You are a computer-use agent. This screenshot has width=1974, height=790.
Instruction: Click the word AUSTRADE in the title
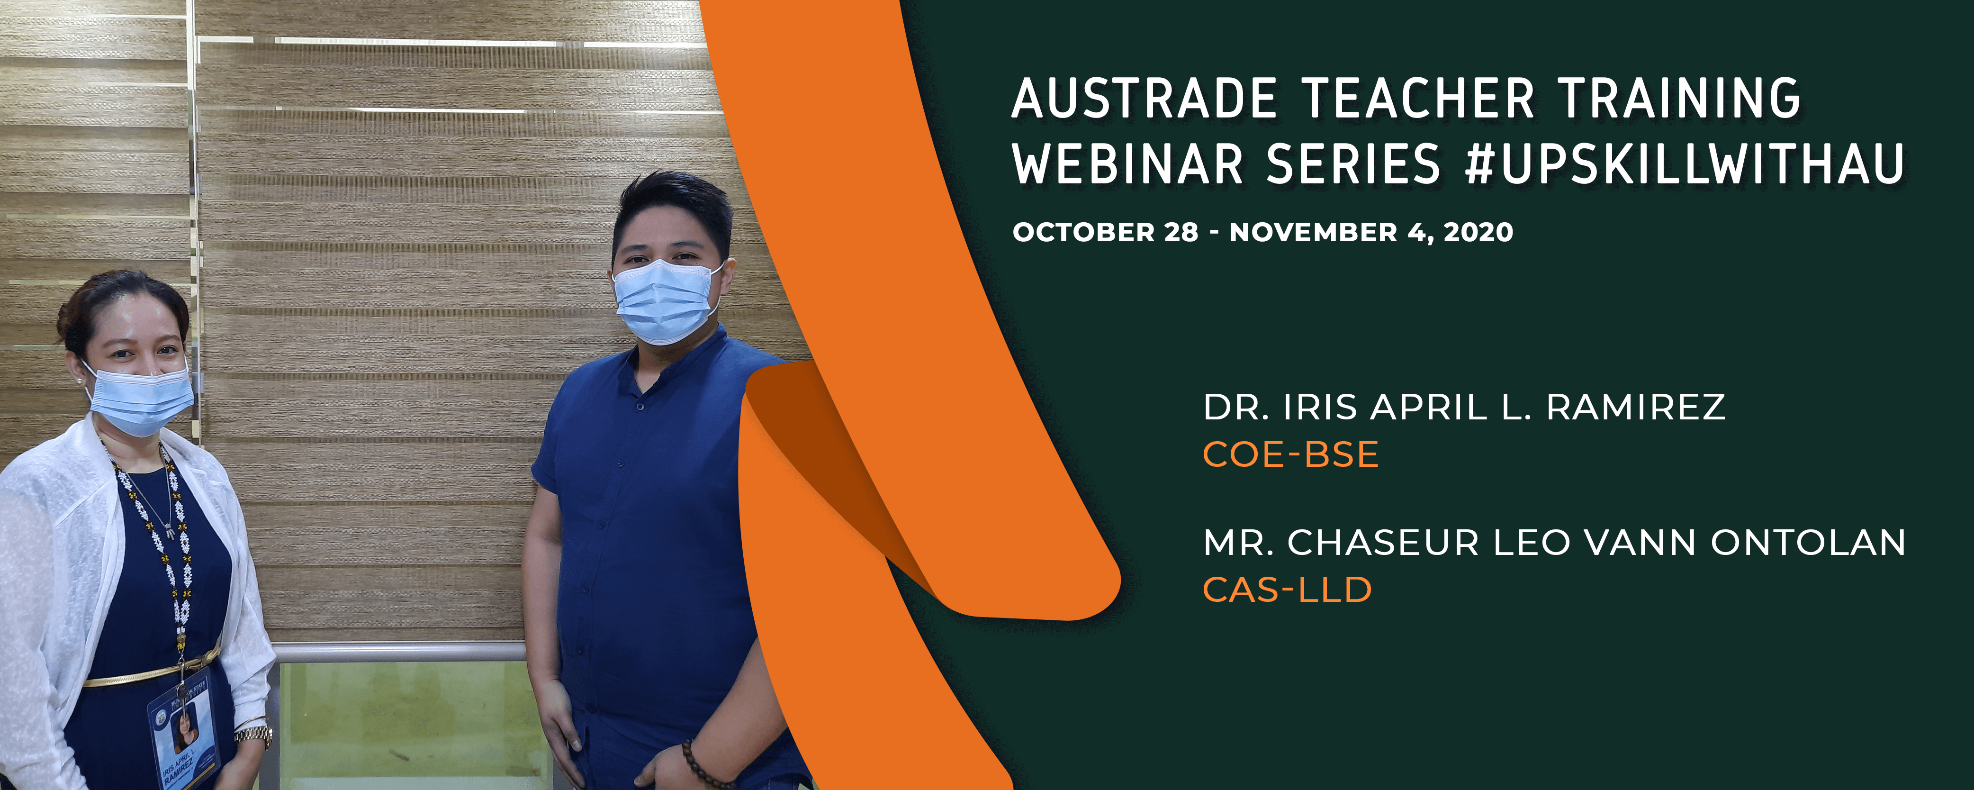pyautogui.click(x=1144, y=99)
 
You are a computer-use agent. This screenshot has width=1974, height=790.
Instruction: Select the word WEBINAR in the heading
pyautogui.click(x=1127, y=164)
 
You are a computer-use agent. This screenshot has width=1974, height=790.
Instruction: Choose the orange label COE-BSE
pyautogui.click(x=1290, y=454)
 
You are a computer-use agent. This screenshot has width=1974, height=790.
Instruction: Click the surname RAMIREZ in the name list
pyautogui.click(x=1636, y=407)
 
